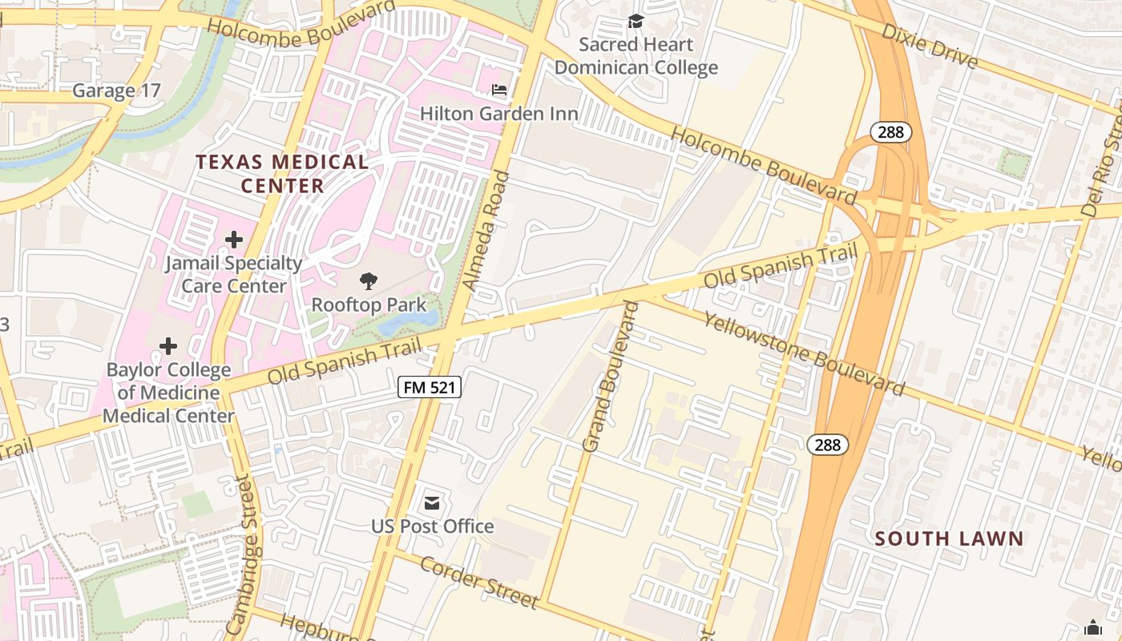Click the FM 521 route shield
[x=430, y=388]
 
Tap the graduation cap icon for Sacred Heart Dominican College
[x=636, y=21]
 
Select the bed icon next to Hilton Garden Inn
[x=499, y=91]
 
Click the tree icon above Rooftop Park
[x=369, y=280]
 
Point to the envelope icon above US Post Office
[x=432, y=502]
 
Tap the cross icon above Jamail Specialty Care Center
[x=233, y=239]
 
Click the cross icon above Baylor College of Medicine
[x=168, y=346]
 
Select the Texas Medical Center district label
[x=282, y=174]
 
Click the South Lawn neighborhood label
[x=949, y=538]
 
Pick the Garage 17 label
[x=116, y=91]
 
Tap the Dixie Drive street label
[x=930, y=46]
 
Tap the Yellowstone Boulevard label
[x=804, y=353]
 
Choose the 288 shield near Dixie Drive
[x=890, y=132]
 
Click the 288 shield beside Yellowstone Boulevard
[x=827, y=445]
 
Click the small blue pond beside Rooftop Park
[x=410, y=321]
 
